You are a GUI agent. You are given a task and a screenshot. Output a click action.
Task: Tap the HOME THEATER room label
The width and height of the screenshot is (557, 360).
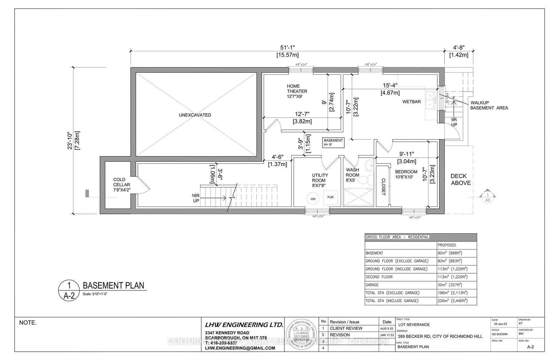pos(297,91)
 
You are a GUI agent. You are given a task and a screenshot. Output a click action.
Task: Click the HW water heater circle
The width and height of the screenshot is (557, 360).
pos(313,199)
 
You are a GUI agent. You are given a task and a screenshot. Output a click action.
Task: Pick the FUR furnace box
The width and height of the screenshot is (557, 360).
pos(330,197)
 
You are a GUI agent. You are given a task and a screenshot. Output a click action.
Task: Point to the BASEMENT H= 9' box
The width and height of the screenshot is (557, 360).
pos(333,142)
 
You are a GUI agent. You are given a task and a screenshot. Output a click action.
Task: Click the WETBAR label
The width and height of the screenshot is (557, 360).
pos(411,102)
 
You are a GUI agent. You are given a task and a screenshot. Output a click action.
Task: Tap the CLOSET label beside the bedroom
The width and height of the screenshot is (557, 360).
pos(383,187)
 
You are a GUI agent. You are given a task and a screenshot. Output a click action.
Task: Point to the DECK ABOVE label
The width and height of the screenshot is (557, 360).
pos(461,179)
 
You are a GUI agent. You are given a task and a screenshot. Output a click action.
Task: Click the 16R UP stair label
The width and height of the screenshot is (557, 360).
pos(195,199)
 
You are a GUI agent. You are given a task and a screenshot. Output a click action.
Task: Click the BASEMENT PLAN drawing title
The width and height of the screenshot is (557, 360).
pos(113,286)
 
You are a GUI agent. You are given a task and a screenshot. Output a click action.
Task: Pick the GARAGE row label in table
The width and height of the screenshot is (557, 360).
pos(372,285)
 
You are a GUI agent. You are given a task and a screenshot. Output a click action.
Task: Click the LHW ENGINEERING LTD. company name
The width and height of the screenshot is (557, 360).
pos(244,325)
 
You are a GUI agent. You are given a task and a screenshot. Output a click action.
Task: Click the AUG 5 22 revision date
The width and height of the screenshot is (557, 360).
pos(387,328)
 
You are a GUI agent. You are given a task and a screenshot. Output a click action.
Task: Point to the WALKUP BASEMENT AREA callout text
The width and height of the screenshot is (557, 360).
pos(488,105)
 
